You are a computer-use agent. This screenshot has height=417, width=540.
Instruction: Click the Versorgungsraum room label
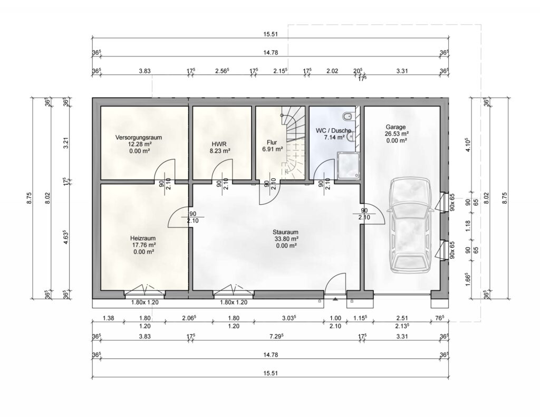139,138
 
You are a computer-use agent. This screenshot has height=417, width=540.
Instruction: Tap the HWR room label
219,144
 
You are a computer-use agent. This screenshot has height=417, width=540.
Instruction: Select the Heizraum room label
143,238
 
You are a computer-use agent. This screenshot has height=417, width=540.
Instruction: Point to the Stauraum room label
285,232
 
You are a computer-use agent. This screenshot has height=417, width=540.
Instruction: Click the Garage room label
396,127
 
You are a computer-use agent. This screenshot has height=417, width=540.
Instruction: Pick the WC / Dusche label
333,130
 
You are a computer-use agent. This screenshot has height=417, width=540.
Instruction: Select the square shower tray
349,166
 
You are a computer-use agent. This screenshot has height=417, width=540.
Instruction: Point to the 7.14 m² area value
334,138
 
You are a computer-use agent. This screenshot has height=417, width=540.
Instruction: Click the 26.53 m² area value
397,134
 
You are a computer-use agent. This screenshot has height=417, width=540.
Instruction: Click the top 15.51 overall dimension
271,34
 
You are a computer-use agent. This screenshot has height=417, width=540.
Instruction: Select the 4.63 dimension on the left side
66,236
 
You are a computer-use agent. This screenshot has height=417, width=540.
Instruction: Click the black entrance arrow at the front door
335,300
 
